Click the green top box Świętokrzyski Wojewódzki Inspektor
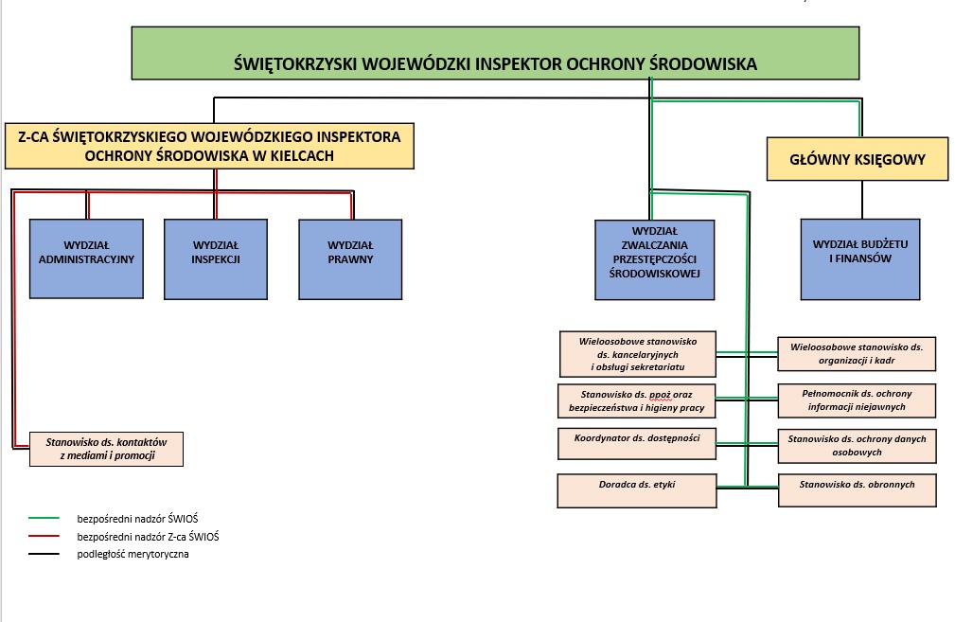coord(495,53)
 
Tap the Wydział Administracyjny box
coord(87,258)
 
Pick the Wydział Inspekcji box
coord(216,258)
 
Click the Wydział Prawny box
coord(350,258)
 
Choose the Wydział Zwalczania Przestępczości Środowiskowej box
coord(655,259)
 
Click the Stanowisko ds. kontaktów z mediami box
coord(106,450)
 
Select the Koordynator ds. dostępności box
coord(636,444)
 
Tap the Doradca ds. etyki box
coord(636,490)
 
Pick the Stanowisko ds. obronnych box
coord(857,489)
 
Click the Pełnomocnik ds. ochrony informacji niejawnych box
coord(857,400)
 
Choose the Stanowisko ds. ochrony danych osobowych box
coord(857,446)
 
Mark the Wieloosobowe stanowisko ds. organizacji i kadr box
coord(857,354)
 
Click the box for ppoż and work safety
coord(636,400)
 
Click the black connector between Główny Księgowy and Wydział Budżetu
coord(861,199)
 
